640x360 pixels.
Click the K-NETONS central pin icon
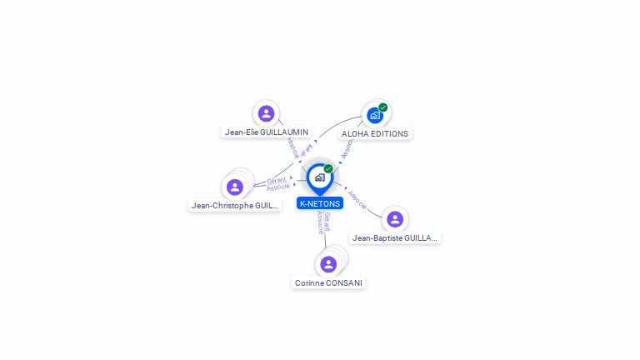coord(319,177)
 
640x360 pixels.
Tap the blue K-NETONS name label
coord(320,202)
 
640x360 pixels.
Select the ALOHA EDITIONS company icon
coord(375,115)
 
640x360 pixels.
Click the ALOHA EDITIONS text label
coord(375,133)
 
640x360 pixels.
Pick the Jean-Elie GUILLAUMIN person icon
coord(266,113)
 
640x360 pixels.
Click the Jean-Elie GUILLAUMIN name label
coord(267,132)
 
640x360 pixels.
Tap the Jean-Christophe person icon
coord(234,187)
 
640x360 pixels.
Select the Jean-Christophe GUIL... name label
coord(234,205)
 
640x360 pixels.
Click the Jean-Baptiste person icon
coord(395,219)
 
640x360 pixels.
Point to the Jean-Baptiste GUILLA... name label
coord(395,237)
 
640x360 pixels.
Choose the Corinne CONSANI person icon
coord(328,264)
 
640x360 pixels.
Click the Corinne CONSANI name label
coord(328,282)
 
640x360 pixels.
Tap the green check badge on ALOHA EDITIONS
coord(382,107)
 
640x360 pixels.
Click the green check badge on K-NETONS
coord(328,169)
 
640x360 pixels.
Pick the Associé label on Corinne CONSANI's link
coord(321,222)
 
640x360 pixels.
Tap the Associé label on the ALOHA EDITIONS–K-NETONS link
coord(347,147)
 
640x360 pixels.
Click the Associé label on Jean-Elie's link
coord(292,147)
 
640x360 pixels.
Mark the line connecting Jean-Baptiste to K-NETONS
coord(369,208)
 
